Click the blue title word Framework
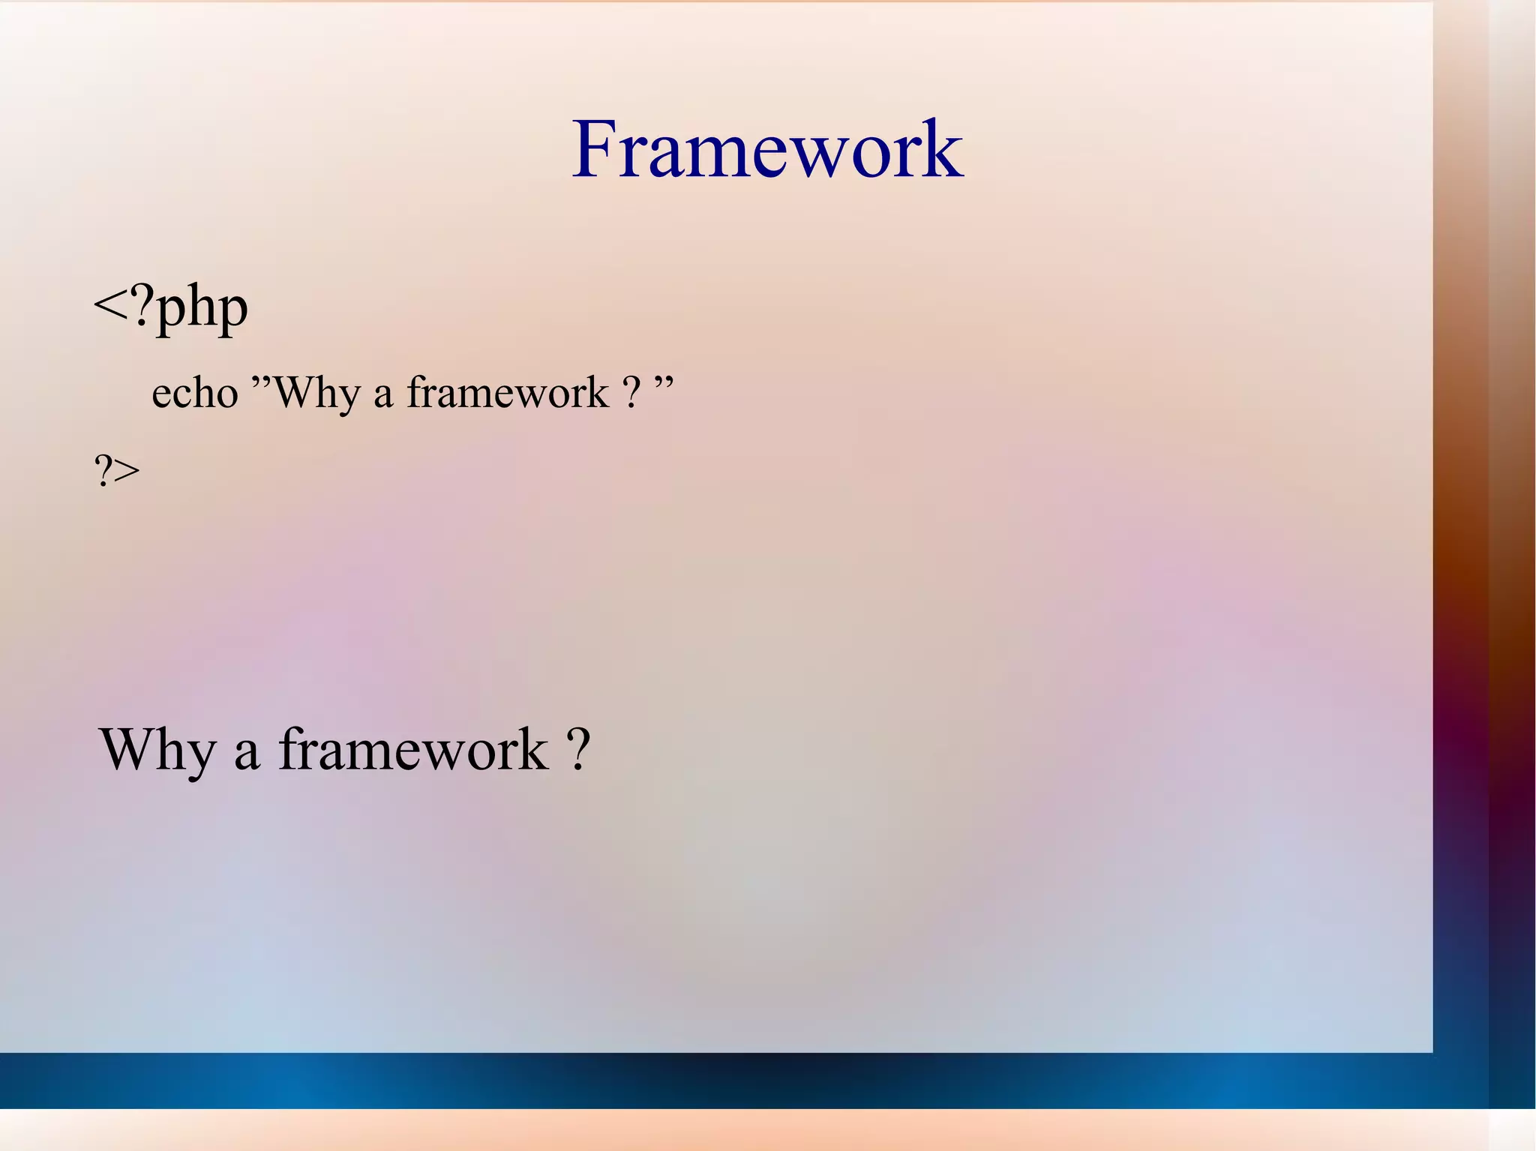(766, 149)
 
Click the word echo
(194, 393)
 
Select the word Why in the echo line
(316, 393)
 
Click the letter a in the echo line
(383, 396)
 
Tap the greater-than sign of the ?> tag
(127, 472)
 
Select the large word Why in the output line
(157, 750)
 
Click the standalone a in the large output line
(247, 754)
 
